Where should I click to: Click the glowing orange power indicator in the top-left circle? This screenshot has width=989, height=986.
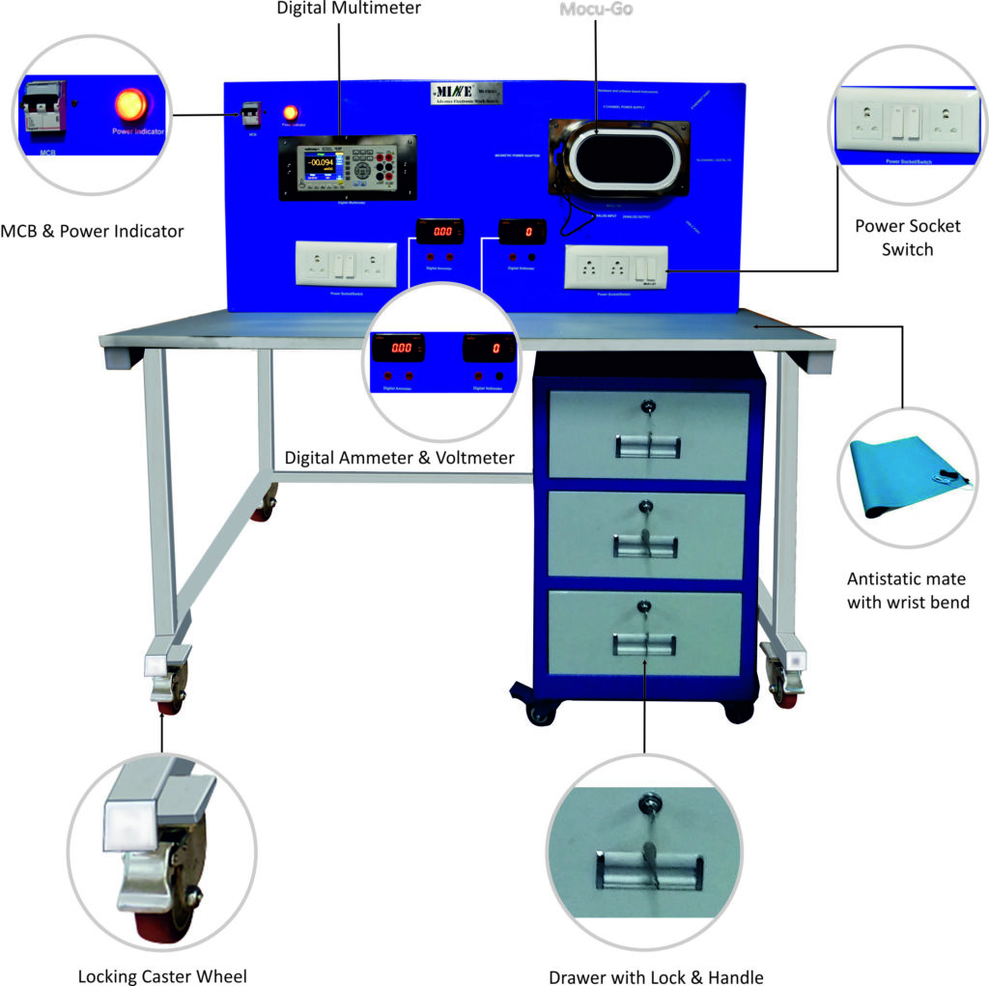pos(132,103)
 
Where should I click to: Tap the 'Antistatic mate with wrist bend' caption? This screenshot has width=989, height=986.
pos(908,590)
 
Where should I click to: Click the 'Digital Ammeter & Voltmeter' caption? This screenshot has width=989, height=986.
pos(400,457)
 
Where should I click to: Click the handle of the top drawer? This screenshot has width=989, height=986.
pos(648,445)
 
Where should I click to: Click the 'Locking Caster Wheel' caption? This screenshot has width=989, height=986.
pos(162,975)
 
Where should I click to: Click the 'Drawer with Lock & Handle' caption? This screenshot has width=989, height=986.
pos(656,976)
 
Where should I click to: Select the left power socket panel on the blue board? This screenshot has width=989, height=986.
pos(345,262)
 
